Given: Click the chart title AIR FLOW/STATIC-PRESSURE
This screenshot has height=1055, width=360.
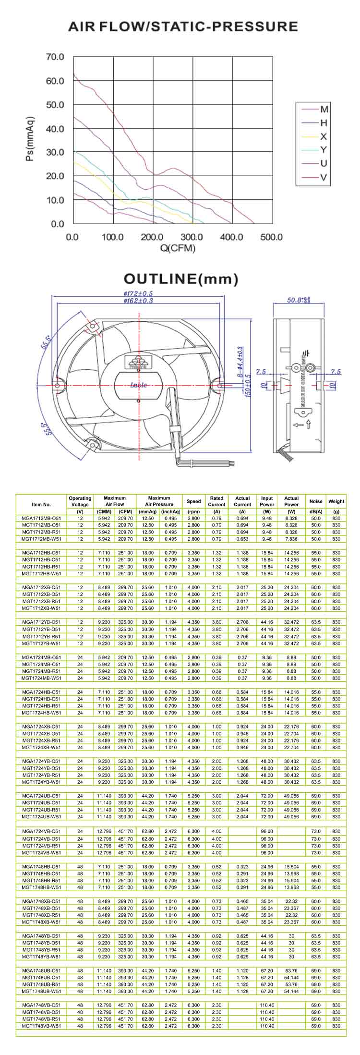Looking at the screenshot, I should [x=183, y=26].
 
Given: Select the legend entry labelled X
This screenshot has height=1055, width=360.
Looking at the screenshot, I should [x=324, y=136].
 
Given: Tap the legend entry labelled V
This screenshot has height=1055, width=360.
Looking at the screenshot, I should [x=324, y=177].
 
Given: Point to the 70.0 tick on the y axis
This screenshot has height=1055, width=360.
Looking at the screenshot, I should [x=55, y=57].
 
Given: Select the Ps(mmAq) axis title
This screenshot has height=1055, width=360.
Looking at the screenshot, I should [x=31, y=139].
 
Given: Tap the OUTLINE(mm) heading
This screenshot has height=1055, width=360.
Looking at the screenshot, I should [x=180, y=279].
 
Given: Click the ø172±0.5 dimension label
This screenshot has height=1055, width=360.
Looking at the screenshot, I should [x=138, y=293].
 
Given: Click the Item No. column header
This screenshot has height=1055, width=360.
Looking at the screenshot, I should [x=41, y=504].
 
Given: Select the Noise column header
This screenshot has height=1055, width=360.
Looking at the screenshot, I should [x=316, y=501].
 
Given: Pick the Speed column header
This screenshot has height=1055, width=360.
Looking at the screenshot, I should [x=193, y=501].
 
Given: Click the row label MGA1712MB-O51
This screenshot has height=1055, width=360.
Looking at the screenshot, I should [x=41, y=518].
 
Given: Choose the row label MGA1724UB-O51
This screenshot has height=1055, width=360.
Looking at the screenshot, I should [x=41, y=796].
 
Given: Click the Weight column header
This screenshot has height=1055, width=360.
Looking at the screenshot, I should [x=336, y=501].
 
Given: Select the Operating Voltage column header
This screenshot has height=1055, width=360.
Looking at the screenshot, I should [x=80, y=501].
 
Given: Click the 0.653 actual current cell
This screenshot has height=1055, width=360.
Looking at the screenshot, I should [x=242, y=539].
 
